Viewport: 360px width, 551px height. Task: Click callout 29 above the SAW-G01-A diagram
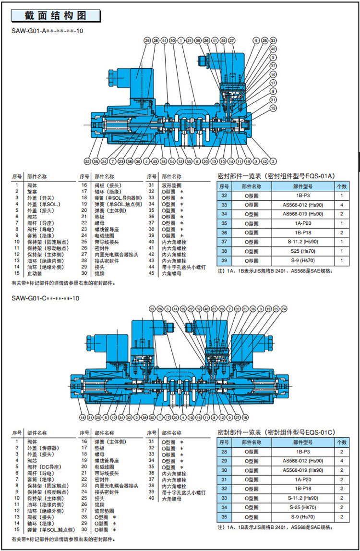[x=147, y=41]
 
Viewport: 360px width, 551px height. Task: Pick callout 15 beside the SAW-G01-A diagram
[x=273, y=109]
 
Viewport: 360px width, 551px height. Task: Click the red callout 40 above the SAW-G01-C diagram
[x=206, y=308]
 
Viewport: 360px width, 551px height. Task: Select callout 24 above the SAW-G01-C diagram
[x=284, y=308]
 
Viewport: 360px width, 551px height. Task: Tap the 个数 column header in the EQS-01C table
[x=341, y=441]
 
